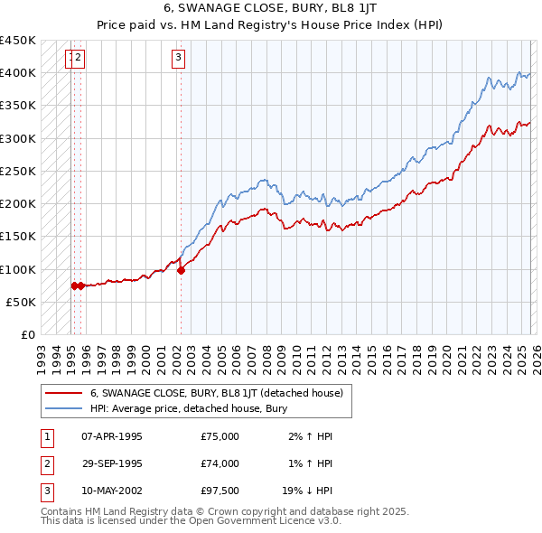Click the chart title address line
tap(270, 7)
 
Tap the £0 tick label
tap(28, 334)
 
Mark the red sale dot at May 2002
tap(181, 269)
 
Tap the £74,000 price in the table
tap(220, 463)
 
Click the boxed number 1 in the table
tap(47, 436)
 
